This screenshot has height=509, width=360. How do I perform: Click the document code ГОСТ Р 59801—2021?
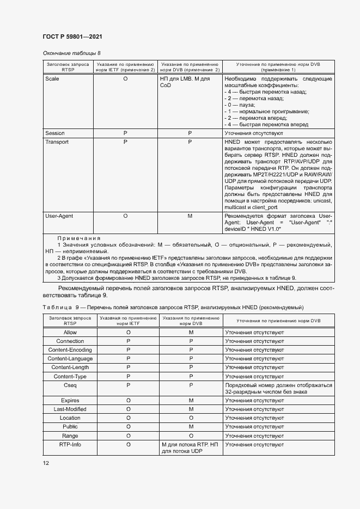tap(72, 36)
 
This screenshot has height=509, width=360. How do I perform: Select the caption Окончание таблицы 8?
tap(71, 53)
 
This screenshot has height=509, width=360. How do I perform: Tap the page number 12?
tap(46, 463)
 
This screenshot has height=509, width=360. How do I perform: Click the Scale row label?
tap(52, 79)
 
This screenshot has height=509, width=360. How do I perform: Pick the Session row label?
tap(55, 133)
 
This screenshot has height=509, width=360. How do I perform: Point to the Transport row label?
tap(57, 142)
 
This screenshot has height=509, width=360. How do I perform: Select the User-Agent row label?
tap(59, 216)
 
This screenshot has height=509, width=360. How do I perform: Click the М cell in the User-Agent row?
tap(190, 216)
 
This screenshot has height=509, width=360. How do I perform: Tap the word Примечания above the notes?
tap(79, 238)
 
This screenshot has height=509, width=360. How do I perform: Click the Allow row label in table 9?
tap(70, 332)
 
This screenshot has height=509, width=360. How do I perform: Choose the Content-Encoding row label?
tap(70, 350)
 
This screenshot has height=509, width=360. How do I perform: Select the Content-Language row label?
tap(70, 359)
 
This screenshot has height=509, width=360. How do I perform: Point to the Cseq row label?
tap(70, 385)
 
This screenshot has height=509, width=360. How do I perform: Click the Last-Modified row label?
tap(70, 409)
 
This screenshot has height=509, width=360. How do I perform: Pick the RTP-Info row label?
tap(70, 445)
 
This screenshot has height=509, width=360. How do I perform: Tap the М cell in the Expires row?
tap(191, 401)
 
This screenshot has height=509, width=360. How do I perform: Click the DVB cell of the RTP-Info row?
tap(190, 448)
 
